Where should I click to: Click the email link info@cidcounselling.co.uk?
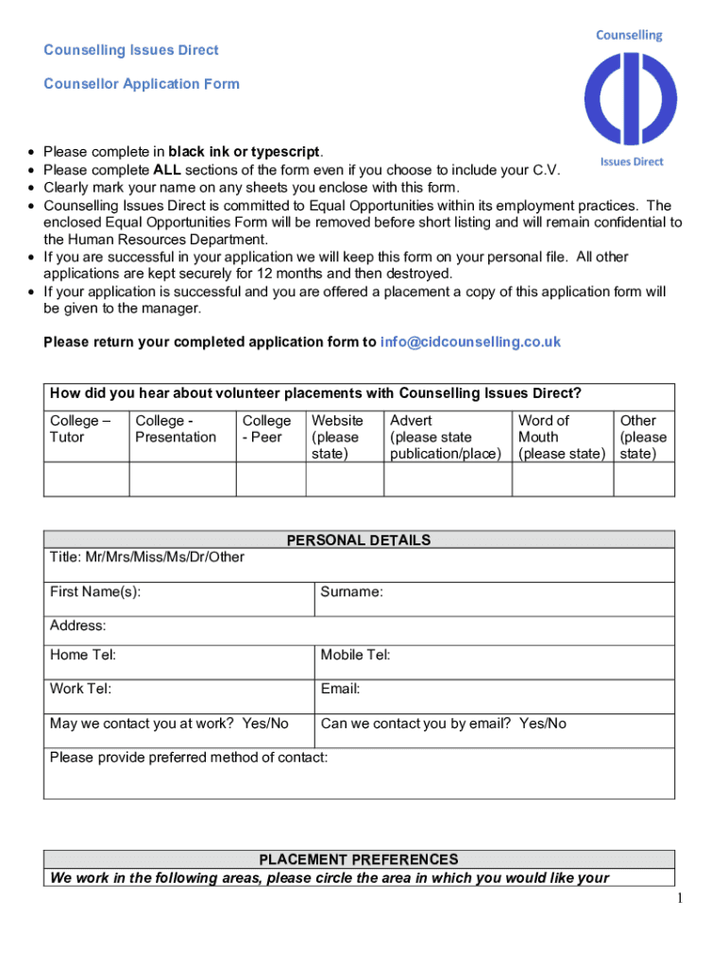click(x=470, y=341)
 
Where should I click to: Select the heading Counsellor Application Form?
click(x=142, y=84)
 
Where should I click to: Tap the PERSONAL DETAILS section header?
click(x=359, y=540)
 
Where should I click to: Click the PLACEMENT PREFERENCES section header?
click(x=359, y=859)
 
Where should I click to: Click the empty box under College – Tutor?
click(x=86, y=479)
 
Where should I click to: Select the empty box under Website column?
click(x=344, y=479)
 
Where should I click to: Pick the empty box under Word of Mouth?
click(x=562, y=479)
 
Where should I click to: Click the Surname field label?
click(x=351, y=592)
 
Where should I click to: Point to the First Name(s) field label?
click(x=95, y=592)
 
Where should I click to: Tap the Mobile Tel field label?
click(x=355, y=655)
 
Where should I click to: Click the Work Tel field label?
click(x=80, y=689)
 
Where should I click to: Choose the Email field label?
click(x=340, y=689)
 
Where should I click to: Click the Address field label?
click(x=77, y=625)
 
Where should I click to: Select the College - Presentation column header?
click(x=176, y=428)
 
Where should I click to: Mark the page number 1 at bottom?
click(x=678, y=899)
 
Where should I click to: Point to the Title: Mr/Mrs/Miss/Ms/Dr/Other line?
click(x=146, y=557)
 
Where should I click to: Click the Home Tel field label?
click(x=83, y=655)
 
